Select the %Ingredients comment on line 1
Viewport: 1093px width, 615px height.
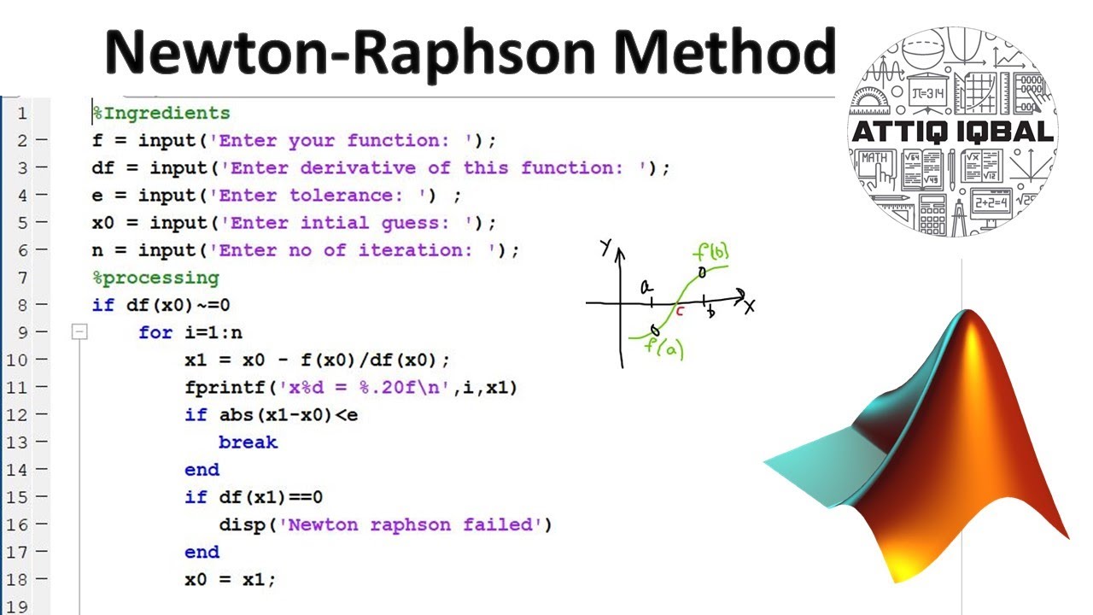click(x=161, y=113)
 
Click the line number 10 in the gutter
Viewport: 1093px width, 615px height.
click(x=17, y=360)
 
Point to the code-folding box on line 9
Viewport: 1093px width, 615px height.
click(x=79, y=332)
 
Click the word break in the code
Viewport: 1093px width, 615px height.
click(x=248, y=442)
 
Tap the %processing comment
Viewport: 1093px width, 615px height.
click(x=155, y=278)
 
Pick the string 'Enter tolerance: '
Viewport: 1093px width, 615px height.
click(x=324, y=196)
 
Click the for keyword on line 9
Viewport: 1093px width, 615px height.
click(x=155, y=332)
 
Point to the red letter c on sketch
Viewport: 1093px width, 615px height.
click(x=680, y=312)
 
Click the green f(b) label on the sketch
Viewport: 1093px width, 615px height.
click(x=711, y=254)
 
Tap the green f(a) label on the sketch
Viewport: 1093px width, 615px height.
click(x=664, y=348)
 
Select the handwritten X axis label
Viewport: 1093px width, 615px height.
click(x=749, y=306)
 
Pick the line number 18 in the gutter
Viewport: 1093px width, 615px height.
click(x=17, y=579)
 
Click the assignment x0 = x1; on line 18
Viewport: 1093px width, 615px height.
click(x=231, y=579)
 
